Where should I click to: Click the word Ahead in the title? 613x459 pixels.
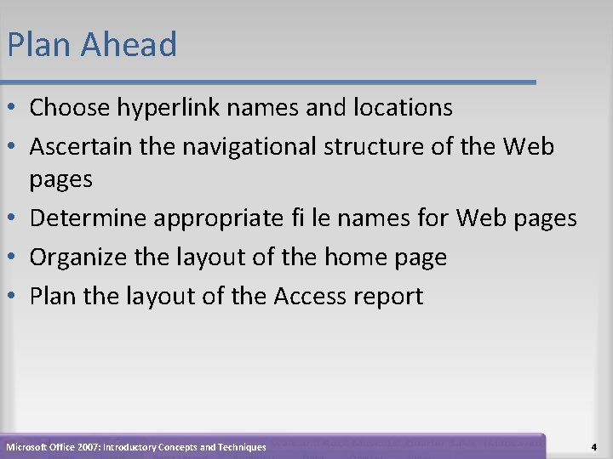130,44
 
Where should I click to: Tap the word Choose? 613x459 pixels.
72,108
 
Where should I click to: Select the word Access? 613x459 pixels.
306,296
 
